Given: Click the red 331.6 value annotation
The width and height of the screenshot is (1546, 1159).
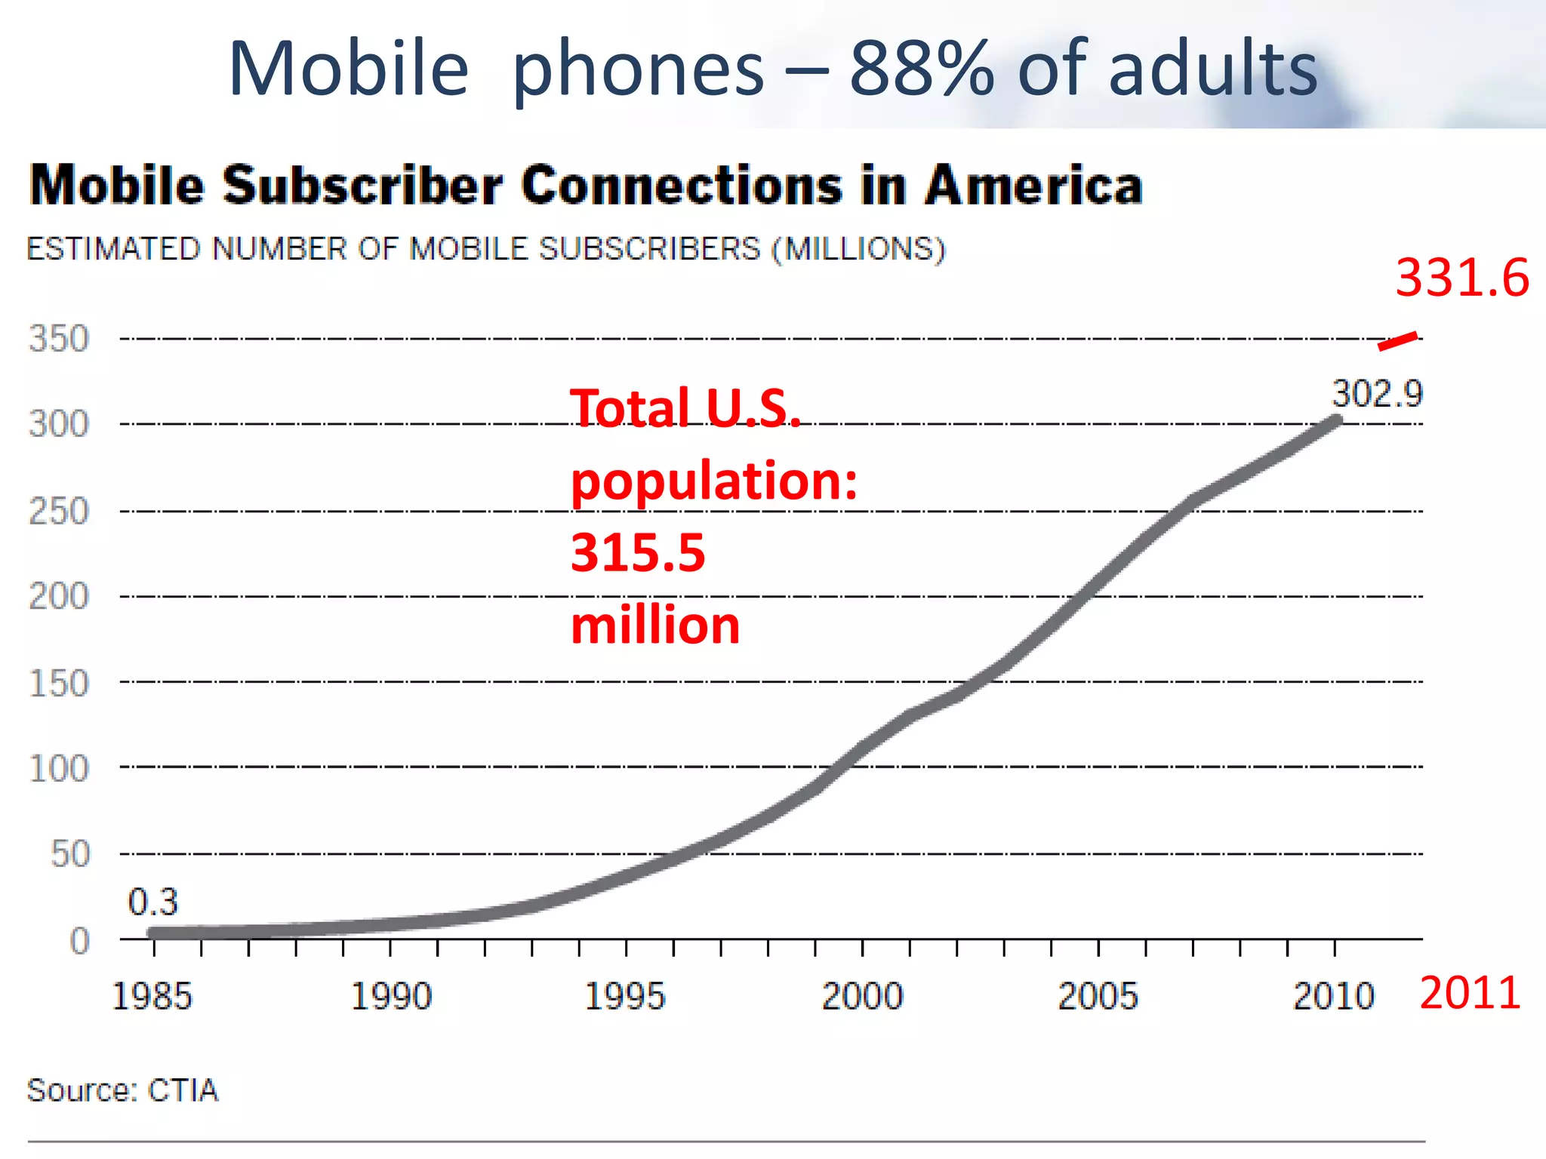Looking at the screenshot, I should click(x=1461, y=278).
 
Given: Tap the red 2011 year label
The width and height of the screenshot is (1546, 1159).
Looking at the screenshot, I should click(x=1469, y=993).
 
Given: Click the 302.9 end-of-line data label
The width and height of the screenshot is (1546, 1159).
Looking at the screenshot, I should click(x=1376, y=394).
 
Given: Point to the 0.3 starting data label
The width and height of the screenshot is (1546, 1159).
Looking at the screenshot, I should click(x=152, y=902).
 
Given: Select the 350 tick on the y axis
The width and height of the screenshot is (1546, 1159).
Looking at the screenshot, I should click(x=59, y=339).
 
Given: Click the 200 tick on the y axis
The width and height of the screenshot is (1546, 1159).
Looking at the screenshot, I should click(x=59, y=597).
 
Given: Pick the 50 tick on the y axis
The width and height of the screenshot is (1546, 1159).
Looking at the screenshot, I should click(x=70, y=854).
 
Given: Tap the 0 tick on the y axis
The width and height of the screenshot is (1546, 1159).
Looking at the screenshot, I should click(x=80, y=941).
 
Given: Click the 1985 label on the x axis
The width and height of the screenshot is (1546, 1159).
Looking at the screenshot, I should click(x=152, y=996).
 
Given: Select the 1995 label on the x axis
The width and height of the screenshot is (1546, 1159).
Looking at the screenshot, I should click(x=625, y=996).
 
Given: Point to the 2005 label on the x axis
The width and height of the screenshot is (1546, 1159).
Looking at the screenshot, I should click(x=1097, y=996).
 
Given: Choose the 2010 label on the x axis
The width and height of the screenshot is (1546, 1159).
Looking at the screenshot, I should click(x=1333, y=996).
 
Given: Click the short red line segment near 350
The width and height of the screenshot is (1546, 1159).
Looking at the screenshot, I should click(x=1397, y=341).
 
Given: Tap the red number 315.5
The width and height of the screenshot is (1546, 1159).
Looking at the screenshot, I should click(x=638, y=552).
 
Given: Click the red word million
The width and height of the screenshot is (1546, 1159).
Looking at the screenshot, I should click(x=655, y=625).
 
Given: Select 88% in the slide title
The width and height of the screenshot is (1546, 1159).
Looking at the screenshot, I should click(x=922, y=69).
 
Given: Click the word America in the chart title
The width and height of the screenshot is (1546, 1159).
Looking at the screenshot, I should click(x=1033, y=186).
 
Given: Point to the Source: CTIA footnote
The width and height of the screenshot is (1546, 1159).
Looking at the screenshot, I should click(x=122, y=1090).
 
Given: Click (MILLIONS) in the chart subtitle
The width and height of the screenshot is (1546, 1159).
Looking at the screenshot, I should click(x=858, y=249).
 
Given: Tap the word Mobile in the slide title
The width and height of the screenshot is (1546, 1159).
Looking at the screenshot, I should click(x=349, y=69).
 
